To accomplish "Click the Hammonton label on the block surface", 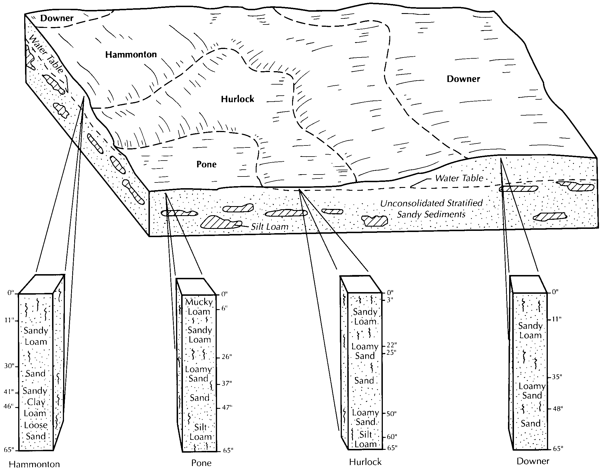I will coord(131,54).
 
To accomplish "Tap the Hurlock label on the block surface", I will coord(237,99).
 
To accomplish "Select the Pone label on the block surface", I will coord(206,164).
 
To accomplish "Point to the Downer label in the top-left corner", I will coord(57,18).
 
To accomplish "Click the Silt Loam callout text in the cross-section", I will coord(269,227).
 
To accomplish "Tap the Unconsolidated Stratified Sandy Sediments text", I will coord(431,209).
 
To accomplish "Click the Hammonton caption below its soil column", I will coord(34,464).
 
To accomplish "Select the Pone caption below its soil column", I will coord(201,463).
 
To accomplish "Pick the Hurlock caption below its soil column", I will coord(365,462).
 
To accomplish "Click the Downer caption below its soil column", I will coord(533,461).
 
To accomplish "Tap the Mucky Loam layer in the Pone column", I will coord(199,307).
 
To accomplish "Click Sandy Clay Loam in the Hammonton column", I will coord(35,402).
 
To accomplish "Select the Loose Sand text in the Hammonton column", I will coord(36,430).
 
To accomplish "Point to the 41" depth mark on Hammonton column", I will coord(9,392).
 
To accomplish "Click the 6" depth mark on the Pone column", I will coord(224,308).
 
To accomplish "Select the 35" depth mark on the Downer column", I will coord(557,377).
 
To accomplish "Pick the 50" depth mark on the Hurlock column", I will coord(391,413).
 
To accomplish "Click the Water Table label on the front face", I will coord(459,178).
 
